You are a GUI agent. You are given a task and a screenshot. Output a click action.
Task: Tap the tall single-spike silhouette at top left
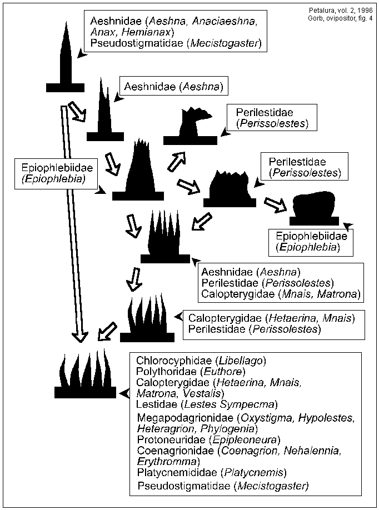(x=66, y=61)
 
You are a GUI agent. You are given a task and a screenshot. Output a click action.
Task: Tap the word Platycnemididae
(x=177, y=473)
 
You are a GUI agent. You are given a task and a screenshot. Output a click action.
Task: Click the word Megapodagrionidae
(x=185, y=417)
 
